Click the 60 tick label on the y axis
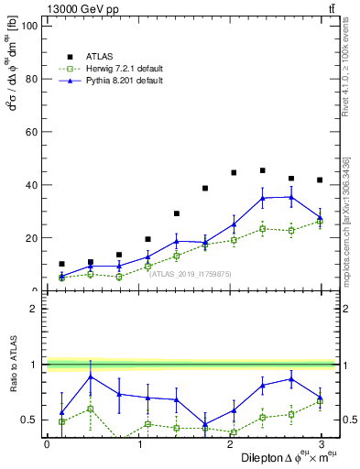30,132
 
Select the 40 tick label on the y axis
30,185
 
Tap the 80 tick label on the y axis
30,79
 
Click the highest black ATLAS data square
263,170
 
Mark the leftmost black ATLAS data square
61,264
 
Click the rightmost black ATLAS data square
319,180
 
